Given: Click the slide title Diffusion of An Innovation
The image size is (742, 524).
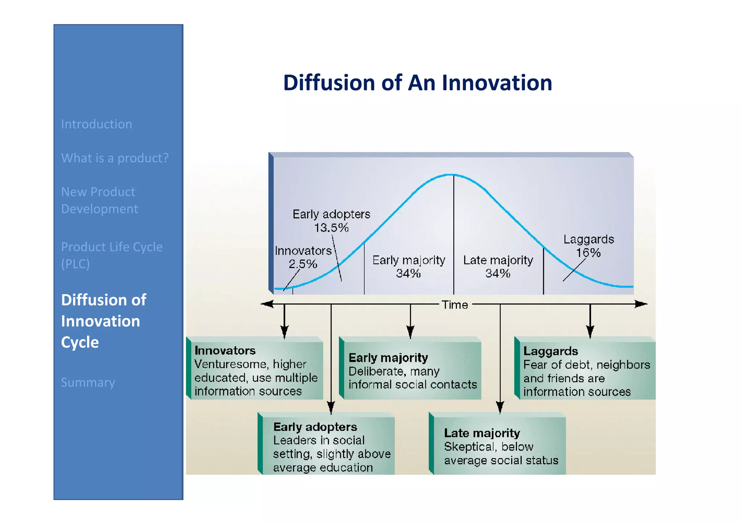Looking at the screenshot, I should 417,83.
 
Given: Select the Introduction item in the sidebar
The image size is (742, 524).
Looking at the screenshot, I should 96,124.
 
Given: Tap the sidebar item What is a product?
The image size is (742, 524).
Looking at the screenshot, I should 115,158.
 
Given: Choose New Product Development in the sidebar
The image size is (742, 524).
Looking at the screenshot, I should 99,200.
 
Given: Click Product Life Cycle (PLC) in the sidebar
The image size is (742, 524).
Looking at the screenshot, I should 112,255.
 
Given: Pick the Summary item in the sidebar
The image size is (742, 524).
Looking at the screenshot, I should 88,382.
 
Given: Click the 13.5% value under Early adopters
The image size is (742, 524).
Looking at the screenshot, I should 331,228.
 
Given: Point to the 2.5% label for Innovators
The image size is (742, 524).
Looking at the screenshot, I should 303,264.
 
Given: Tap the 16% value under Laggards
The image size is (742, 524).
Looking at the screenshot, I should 588,253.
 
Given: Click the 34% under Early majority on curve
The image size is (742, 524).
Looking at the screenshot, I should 408,273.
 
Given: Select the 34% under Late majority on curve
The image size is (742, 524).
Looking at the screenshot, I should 498,273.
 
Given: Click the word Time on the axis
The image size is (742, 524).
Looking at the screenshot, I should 455,305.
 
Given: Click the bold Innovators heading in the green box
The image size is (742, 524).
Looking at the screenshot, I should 225,351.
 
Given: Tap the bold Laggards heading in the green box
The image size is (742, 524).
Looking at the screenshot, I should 550,351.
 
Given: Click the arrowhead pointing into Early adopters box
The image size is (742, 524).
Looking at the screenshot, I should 331,408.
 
